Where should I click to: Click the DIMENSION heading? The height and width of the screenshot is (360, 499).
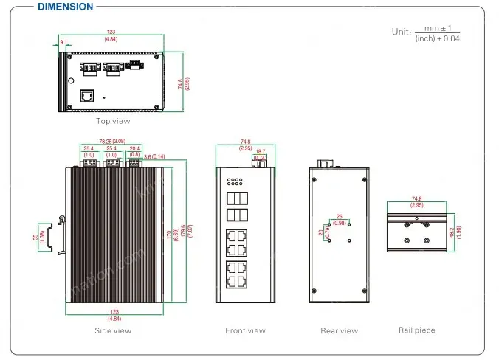point(65,7)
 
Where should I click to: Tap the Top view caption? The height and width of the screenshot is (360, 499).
point(113,121)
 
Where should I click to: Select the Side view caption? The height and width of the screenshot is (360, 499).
point(114,330)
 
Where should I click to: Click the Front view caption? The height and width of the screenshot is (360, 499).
point(246,330)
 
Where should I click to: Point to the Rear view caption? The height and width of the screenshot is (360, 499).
point(340,330)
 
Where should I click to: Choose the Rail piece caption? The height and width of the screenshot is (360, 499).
point(417,330)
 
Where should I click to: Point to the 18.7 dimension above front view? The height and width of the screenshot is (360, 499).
point(260,150)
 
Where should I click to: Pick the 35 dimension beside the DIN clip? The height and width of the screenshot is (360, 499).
point(37,238)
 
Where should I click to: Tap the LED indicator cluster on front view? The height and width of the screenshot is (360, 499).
point(235,181)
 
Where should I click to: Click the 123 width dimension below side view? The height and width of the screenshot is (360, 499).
point(114,313)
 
